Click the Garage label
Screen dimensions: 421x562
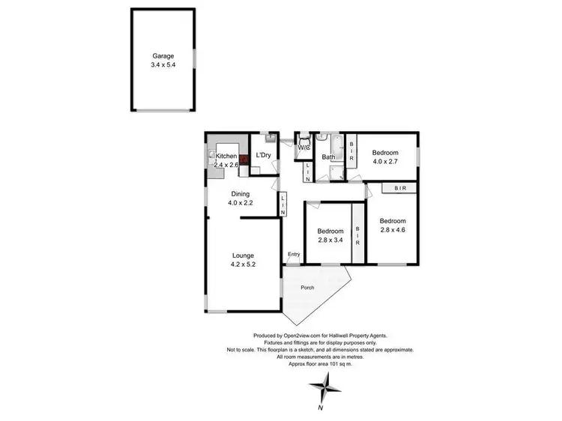[163, 55]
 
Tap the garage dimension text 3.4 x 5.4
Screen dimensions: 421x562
[163, 65]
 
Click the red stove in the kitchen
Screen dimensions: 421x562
[244, 160]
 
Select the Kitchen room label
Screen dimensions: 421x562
[226, 156]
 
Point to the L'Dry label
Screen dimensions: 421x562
[263, 156]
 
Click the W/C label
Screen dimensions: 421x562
[303, 148]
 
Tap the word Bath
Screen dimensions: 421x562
[328, 157]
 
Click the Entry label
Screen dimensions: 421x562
[294, 255]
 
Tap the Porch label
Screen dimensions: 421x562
[307, 288]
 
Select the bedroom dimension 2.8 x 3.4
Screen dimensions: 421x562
[330, 240]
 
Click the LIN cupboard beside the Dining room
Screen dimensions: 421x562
[282, 205]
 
